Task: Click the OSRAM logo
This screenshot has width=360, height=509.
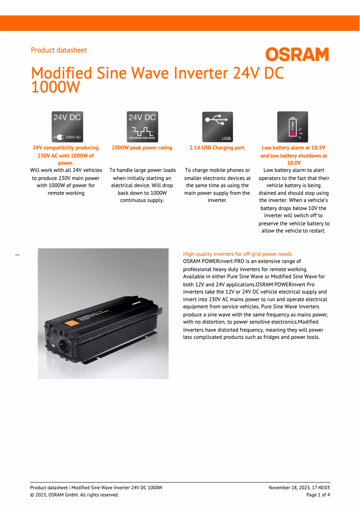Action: tap(297, 55)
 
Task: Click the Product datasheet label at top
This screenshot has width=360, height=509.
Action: tap(59, 50)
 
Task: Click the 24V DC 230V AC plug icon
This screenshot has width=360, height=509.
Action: tap(67, 127)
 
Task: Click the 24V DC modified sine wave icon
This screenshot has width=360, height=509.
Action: tap(142, 127)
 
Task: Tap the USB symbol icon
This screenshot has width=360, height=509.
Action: tap(217, 127)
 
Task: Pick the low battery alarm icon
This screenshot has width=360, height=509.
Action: tap(293, 127)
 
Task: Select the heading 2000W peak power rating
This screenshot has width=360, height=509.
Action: tap(142, 148)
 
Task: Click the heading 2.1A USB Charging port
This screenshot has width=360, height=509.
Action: tap(217, 148)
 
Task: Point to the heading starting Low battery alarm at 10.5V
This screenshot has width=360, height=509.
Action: tap(293, 148)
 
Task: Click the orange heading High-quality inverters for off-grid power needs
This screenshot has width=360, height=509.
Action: tap(237, 254)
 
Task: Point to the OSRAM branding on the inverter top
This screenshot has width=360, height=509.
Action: tap(137, 303)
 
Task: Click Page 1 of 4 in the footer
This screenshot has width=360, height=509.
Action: tap(318, 495)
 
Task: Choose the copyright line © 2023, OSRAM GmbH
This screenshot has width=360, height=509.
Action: tap(75, 495)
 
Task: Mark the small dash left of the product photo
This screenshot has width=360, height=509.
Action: tap(18, 255)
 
